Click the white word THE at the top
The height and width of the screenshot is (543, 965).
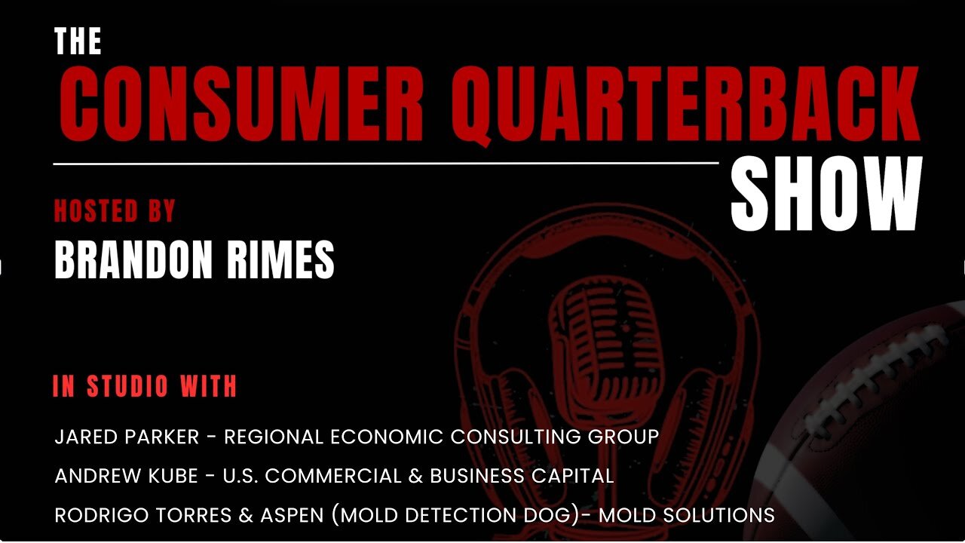point(78,41)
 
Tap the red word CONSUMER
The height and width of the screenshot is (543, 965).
point(241,104)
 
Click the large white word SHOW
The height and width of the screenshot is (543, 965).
point(827,194)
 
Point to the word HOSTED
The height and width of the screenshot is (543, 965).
point(96,210)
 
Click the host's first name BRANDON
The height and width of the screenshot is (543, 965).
point(133,259)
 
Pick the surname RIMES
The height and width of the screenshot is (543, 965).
point(280,259)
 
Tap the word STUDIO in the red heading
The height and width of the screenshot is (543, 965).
point(127,385)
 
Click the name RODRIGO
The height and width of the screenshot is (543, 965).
point(101,515)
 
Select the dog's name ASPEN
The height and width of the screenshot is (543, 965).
point(292,515)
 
